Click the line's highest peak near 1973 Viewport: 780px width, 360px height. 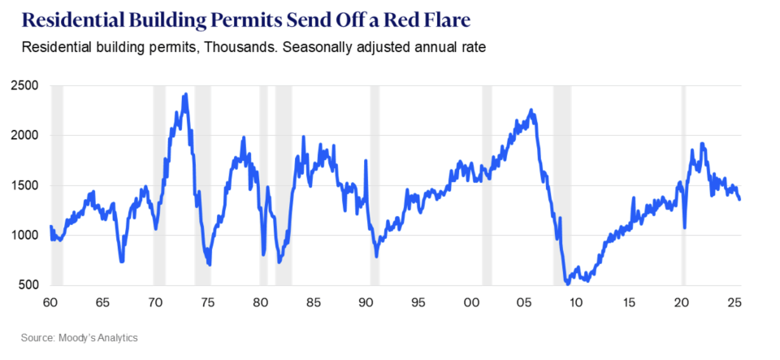(x=186, y=94)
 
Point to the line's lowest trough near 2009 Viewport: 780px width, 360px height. (x=567, y=283)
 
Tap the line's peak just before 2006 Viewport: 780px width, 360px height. (x=531, y=110)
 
